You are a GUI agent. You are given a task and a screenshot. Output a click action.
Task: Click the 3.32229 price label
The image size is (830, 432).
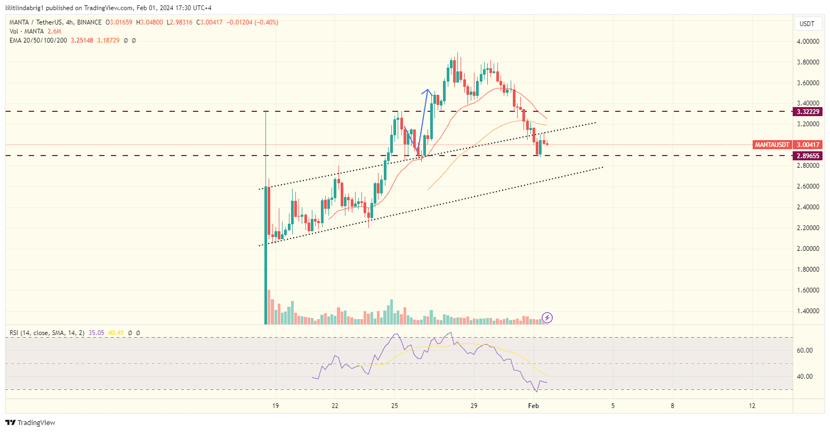tap(808, 112)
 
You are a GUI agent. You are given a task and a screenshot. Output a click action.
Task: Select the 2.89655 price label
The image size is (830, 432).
tap(808, 156)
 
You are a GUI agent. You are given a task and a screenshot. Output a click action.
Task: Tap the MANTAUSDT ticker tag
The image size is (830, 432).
tap(771, 145)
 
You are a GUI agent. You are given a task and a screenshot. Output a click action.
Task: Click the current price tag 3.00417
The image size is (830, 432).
tap(808, 145)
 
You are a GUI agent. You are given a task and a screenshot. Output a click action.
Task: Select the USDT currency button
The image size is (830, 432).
tap(807, 24)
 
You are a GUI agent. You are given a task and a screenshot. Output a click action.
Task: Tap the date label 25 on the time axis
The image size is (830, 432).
tap(394, 406)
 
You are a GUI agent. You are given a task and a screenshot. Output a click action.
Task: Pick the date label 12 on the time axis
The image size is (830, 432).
tap(752, 406)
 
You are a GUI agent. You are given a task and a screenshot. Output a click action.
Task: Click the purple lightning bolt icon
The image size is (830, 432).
tap(547, 318)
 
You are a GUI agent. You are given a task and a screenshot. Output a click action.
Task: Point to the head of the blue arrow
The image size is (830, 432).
tap(427, 91)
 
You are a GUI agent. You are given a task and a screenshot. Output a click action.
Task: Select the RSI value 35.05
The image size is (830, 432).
tap(96, 333)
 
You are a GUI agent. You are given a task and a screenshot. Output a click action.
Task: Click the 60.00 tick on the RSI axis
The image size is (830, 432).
tap(804, 351)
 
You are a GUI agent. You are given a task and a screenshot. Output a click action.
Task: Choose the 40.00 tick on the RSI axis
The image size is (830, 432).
tap(804, 377)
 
